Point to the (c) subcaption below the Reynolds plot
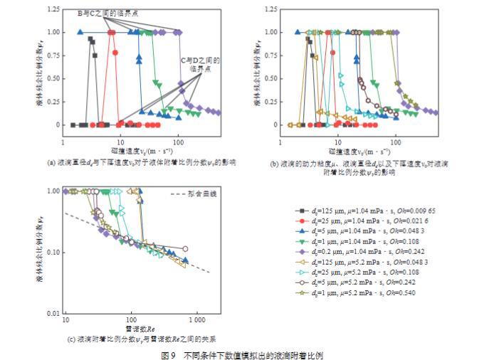click(x=136, y=339)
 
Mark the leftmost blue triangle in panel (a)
click(x=80, y=32)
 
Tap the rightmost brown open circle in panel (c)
click(x=185, y=249)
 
